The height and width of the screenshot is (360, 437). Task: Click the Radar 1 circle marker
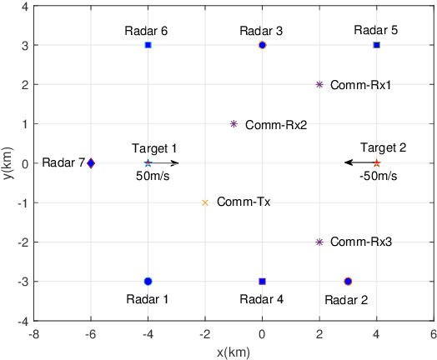tap(148, 282)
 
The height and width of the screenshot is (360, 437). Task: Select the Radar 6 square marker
tap(148, 45)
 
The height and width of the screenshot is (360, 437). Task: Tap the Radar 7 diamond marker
tap(91, 163)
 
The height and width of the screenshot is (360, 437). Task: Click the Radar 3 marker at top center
tap(262, 45)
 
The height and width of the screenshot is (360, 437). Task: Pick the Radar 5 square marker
tap(376, 45)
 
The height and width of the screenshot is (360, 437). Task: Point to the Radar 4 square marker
tap(262, 282)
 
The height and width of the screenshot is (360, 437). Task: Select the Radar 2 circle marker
tap(348, 282)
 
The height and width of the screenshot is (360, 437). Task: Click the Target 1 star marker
tap(148, 163)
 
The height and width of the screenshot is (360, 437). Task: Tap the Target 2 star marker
tap(376, 163)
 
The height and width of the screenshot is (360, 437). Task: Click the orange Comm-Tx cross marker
tap(205, 202)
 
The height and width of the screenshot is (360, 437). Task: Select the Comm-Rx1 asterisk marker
tap(319, 84)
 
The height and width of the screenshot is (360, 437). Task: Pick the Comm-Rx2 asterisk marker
tap(234, 124)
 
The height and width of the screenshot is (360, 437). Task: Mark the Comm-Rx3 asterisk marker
tap(319, 242)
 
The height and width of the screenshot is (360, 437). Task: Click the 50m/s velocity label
tap(155, 177)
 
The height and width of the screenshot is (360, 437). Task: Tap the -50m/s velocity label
tap(378, 177)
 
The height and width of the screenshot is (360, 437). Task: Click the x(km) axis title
tap(234, 352)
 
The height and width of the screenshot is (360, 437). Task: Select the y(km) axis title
tap(8, 163)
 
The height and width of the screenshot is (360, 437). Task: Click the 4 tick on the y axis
tap(23, 6)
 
